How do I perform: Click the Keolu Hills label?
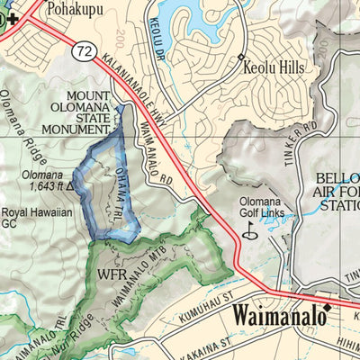(278, 67)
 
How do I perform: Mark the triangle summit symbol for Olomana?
(69, 187)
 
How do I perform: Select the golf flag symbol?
(249, 230)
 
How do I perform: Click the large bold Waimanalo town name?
(276, 315)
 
